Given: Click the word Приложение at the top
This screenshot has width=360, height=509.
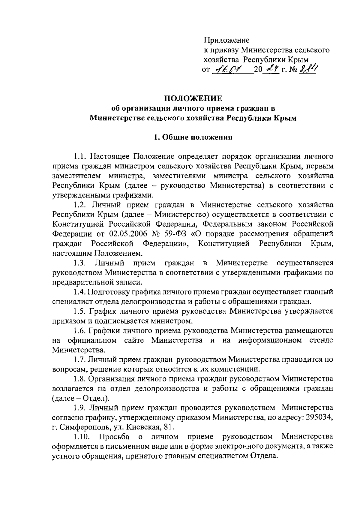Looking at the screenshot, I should point(226,40).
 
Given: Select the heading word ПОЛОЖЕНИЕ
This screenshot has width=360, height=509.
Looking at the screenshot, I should point(193,98).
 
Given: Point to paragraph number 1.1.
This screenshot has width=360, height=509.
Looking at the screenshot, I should point(80,156).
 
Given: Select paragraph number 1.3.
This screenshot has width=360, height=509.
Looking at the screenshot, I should point(80,263).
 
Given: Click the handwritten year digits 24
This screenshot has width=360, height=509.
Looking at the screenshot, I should point(271,70).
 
